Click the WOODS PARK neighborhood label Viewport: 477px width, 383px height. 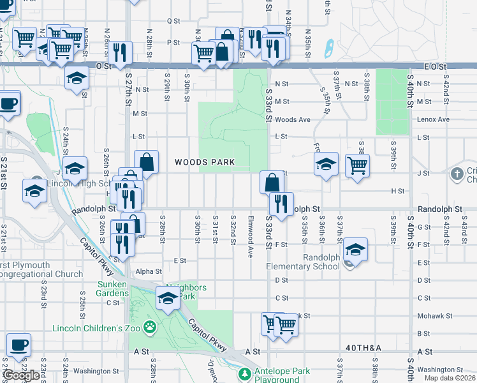(205, 163)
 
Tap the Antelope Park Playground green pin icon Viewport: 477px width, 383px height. (243, 373)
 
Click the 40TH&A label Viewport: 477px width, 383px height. (364, 347)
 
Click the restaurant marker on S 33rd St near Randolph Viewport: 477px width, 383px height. (281, 204)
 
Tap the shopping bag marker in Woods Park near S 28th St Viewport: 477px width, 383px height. (147, 162)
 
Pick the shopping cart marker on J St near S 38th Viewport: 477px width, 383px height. (357, 165)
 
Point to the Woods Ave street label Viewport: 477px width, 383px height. (293, 119)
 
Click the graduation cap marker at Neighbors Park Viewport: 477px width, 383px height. (168, 298)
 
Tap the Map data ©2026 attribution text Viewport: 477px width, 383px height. (450, 378)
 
